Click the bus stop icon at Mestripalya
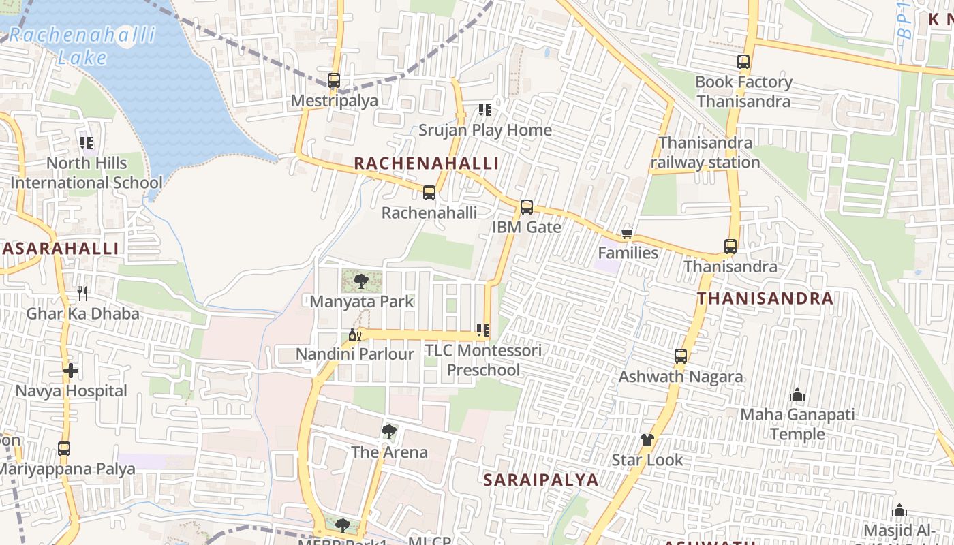point(334,80)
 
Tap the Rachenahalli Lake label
point(82,45)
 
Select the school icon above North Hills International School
point(87,143)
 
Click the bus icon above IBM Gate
point(527,207)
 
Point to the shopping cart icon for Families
point(628,234)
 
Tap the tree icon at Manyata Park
point(361,281)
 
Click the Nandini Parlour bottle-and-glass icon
point(354,334)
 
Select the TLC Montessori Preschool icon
point(483,331)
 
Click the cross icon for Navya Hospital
point(71,371)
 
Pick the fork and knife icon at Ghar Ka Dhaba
point(82,294)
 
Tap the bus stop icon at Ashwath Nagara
point(681,356)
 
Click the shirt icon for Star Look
point(647,440)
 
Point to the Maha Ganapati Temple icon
point(797,394)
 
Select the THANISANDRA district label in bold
point(765,298)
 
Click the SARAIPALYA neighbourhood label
point(541,480)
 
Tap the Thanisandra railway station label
point(705,153)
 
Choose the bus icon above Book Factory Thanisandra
point(743,62)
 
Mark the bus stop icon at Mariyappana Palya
point(64,449)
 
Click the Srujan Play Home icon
point(485,110)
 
